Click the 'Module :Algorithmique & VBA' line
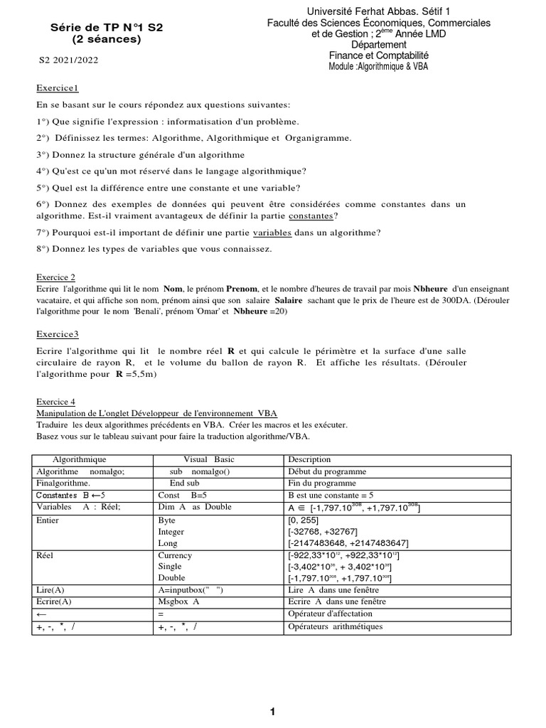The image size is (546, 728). [378, 66]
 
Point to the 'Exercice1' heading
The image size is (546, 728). [58, 87]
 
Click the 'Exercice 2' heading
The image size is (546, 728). [55, 277]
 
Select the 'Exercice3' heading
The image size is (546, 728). [58, 333]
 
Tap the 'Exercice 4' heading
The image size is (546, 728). [55, 402]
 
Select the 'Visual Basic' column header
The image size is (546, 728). [208, 459]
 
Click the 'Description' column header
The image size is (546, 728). [309, 459]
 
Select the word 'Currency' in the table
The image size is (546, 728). [175, 555]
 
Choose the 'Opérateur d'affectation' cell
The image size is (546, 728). [331, 614]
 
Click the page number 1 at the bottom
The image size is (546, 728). [272, 712]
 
